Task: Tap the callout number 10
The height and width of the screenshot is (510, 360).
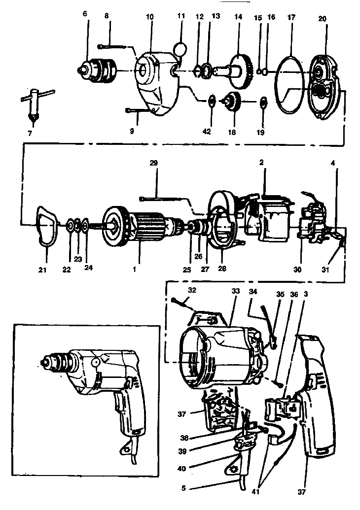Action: [x=149, y=17]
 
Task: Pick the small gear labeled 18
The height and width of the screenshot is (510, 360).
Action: [x=232, y=102]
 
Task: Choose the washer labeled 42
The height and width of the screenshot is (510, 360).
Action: [x=211, y=102]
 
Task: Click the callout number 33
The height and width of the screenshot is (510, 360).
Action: [x=235, y=291]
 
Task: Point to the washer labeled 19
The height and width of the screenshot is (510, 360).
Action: [x=262, y=102]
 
